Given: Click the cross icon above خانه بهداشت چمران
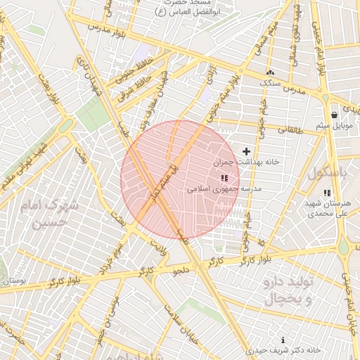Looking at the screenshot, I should [x=246, y=151].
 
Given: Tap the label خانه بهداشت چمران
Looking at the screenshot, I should [x=247, y=162].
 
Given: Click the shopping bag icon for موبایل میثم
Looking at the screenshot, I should [x=334, y=115].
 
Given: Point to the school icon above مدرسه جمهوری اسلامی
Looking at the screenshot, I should [x=224, y=179].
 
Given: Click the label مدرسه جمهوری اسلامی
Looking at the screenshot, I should [x=224, y=189].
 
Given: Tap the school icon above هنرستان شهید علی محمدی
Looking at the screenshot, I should [x=327, y=193].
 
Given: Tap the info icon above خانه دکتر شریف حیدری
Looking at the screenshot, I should [x=283, y=340].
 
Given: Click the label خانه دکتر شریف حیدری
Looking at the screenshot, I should [x=284, y=349].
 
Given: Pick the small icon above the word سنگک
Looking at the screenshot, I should [x=271, y=72].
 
